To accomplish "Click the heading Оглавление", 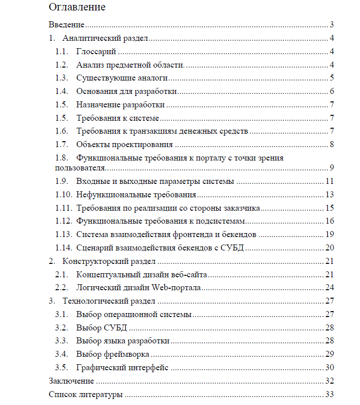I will click(77, 7).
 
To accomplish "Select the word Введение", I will click(67, 25).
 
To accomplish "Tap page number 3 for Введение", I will click(331, 25).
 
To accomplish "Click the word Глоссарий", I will click(96, 52).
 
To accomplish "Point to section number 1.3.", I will click(62, 78).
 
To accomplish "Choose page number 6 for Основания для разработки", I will click(331, 91).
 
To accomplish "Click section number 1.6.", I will click(62, 131).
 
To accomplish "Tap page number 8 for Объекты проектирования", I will click(331, 145).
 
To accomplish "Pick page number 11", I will click(329, 181).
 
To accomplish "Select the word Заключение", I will click(71, 382).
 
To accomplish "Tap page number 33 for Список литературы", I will click(329, 395).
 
